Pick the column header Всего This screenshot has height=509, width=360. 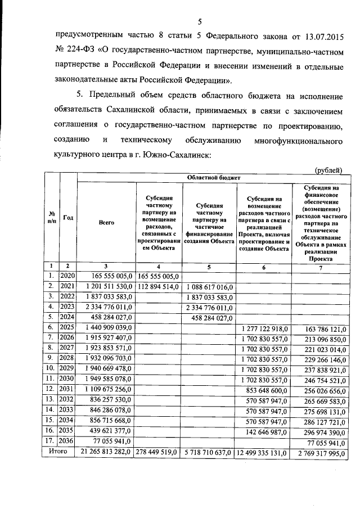[106, 222]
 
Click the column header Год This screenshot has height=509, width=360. [67, 218]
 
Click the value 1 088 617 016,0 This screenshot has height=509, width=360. [209, 286]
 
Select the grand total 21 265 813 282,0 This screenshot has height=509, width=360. [106, 451]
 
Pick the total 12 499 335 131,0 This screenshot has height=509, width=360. [263, 451]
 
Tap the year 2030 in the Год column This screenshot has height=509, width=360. [67, 379]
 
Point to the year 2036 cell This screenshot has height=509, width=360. [67, 441]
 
